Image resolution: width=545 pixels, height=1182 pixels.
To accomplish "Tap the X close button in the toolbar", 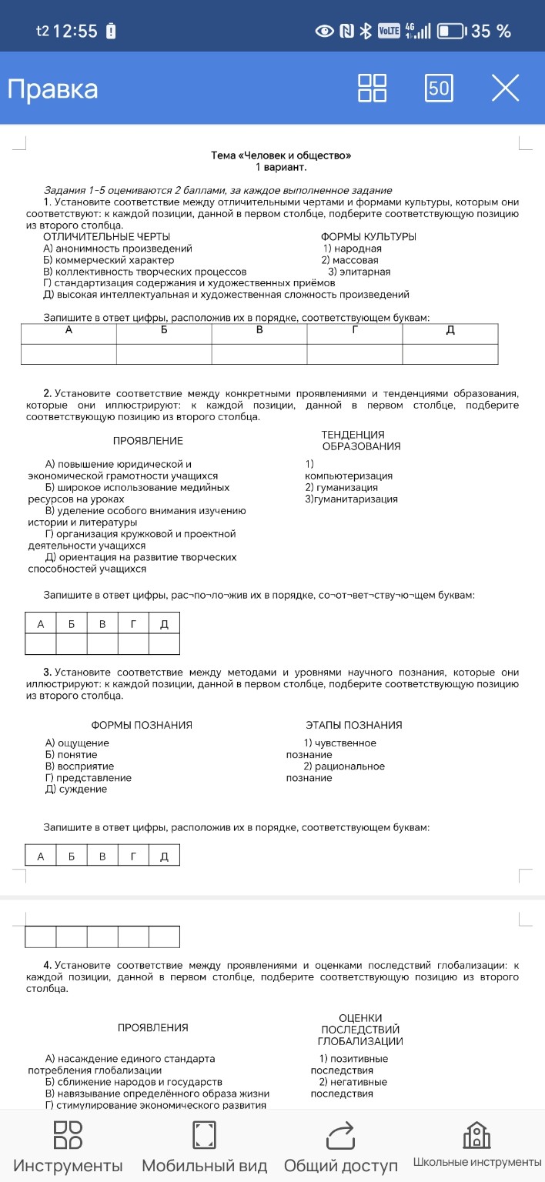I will pyautogui.click(x=505, y=88).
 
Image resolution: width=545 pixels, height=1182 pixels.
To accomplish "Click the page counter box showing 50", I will pyautogui.click(x=439, y=88).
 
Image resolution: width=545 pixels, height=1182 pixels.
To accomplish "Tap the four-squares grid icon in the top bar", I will pyautogui.click(x=373, y=88).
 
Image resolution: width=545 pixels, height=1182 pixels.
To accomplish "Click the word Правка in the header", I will pyautogui.click(x=53, y=89).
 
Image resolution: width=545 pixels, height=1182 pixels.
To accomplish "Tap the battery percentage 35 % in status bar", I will pyautogui.click(x=491, y=32).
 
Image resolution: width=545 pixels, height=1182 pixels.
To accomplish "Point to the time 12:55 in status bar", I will pyautogui.click(x=76, y=32).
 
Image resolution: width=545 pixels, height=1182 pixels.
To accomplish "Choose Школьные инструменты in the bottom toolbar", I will pyautogui.click(x=476, y=1147).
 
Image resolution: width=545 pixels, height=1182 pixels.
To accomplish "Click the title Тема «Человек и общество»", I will pyautogui.click(x=281, y=155).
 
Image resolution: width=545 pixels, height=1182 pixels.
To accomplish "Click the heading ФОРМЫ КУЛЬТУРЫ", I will pyautogui.click(x=368, y=237).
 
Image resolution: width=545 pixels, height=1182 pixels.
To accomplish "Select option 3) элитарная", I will pyautogui.click(x=359, y=272).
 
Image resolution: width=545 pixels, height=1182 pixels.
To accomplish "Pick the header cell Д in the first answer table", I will pyautogui.click(x=450, y=331).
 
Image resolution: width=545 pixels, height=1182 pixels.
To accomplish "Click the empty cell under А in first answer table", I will pyautogui.click(x=69, y=354).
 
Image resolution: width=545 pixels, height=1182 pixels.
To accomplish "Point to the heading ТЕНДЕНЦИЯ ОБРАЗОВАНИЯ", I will pyautogui.click(x=361, y=441).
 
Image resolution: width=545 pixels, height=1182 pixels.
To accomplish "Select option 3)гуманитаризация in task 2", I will pyautogui.click(x=352, y=499).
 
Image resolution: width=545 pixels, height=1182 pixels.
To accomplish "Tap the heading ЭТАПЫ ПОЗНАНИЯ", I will pyautogui.click(x=353, y=725).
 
